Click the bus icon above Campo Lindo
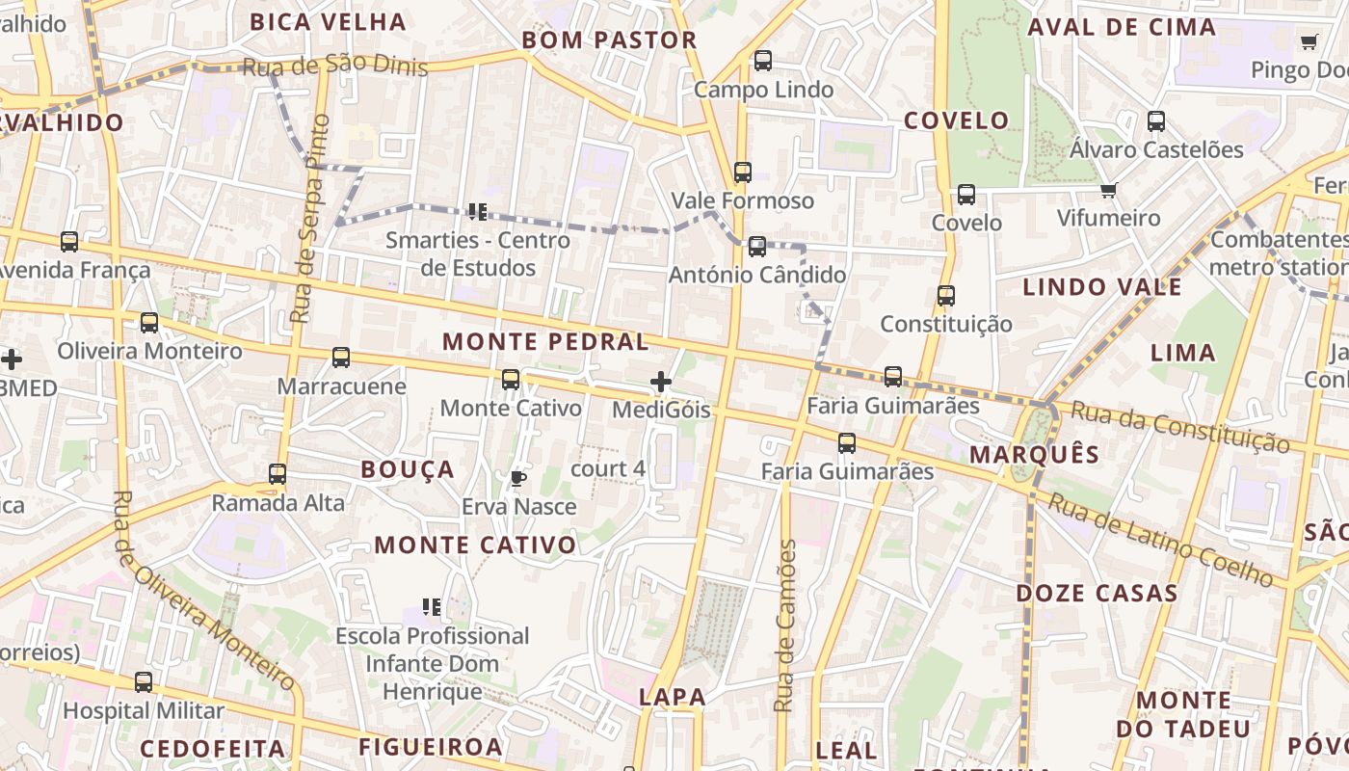click(x=763, y=61)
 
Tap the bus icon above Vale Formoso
click(x=743, y=173)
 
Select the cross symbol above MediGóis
click(x=661, y=382)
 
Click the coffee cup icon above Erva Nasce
click(x=518, y=477)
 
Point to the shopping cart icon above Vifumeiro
click(x=1109, y=190)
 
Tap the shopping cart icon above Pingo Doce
click(x=1309, y=41)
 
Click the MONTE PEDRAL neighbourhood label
click(x=545, y=341)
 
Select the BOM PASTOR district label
click(x=609, y=40)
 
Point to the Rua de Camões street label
click(x=786, y=626)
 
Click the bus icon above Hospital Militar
click(x=144, y=682)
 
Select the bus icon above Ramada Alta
click(x=278, y=474)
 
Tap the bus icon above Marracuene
click(x=341, y=358)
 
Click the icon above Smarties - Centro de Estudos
click(x=477, y=211)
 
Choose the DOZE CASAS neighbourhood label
click(x=1097, y=593)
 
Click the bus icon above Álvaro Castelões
click(x=1156, y=121)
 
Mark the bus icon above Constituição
click(x=946, y=296)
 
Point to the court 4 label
click(x=608, y=469)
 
